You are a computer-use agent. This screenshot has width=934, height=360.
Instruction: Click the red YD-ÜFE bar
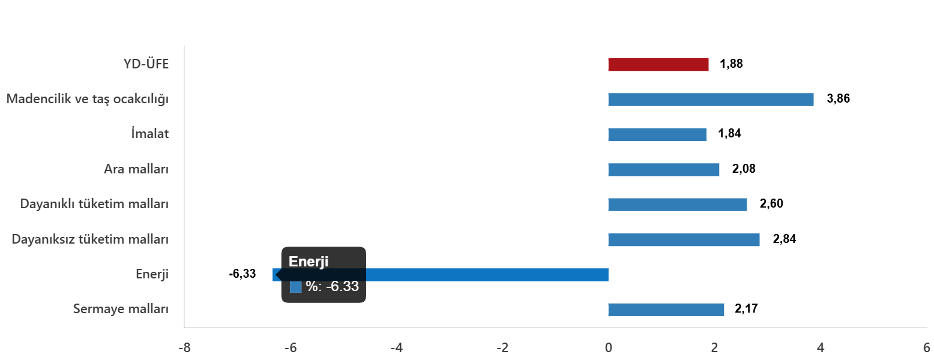[x=658, y=65]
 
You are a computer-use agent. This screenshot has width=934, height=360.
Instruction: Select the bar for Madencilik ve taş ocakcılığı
[x=711, y=100]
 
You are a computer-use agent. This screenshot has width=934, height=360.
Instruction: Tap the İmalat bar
[x=657, y=134]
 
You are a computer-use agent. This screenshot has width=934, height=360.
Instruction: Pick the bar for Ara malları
[x=663, y=170]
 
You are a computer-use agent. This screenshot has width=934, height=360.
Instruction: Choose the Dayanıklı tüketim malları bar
[x=677, y=205]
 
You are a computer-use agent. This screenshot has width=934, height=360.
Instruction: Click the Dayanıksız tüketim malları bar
[x=684, y=240]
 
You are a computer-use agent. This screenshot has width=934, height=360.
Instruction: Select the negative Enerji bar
[x=486, y=275]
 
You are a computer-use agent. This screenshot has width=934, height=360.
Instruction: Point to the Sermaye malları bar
[x=666, y=310]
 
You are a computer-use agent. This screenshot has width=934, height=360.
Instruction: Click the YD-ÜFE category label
[x=146, y=64]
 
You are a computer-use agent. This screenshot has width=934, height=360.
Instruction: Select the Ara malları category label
[x=136, y=169]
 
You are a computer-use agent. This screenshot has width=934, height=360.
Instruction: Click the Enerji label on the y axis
[x=152, y=274]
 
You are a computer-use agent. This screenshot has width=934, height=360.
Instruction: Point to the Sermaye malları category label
[x=121, y=309]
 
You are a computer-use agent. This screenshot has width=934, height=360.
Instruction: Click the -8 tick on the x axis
[x=185, y=348]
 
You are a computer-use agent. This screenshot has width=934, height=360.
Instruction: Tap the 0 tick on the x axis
[x=608, y=348]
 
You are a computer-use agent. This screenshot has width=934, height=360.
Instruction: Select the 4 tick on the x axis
[x=820, y=348]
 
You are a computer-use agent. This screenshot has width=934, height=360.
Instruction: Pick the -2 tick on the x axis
[x=502, y=348]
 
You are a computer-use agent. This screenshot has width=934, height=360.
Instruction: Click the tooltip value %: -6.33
[x=332, y=287]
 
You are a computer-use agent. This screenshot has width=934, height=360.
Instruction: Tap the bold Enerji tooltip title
[x=309, y=262]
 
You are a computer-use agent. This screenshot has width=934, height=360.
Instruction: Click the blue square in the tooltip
[x=295, y=287]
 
